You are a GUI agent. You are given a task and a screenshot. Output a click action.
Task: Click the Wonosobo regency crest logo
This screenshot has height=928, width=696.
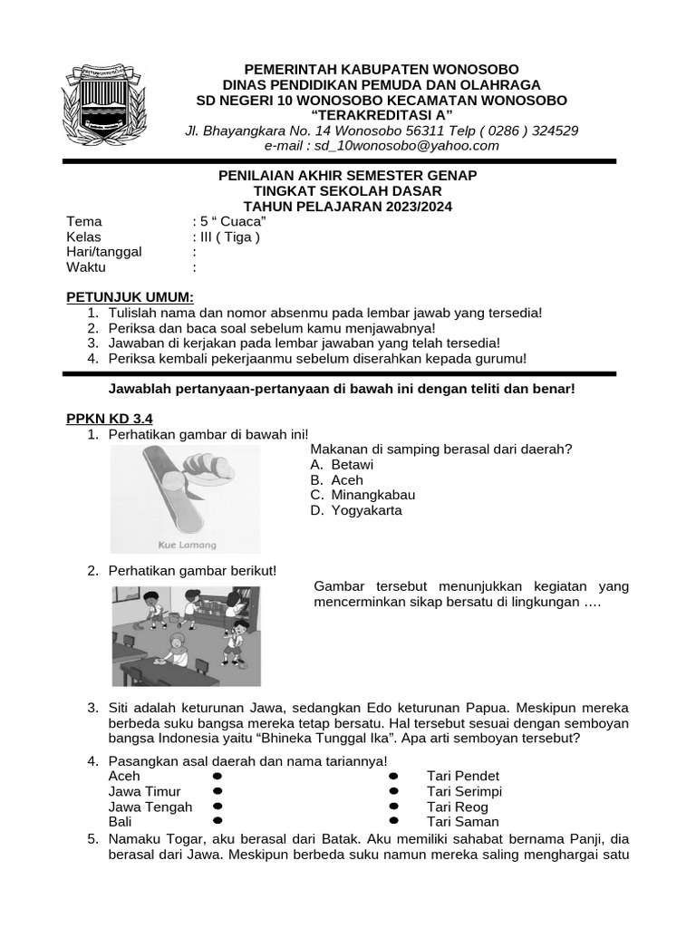[102, 106]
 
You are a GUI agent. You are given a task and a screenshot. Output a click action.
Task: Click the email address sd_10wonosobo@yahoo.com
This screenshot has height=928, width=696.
[382, 145]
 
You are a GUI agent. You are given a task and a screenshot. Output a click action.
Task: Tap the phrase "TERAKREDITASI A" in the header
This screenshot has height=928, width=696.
[382, 115]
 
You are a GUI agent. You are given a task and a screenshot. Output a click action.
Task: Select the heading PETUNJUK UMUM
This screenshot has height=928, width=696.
[130, 297]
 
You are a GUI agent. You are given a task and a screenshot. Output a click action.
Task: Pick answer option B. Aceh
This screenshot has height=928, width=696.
[336, 480]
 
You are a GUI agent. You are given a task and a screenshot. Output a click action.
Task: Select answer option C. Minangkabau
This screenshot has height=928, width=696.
[362, 495]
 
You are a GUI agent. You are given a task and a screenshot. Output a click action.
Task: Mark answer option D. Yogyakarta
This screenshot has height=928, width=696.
[355, 510]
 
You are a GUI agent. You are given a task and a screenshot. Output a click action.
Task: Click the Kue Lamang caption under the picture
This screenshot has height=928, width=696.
[188, 545]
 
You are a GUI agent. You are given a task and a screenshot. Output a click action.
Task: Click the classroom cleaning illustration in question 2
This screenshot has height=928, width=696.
[186, 635]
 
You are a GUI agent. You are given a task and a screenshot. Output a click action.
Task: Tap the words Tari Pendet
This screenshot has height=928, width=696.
[463, 776]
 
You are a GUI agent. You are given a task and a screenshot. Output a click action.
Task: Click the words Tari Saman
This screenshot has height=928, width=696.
[463, 822]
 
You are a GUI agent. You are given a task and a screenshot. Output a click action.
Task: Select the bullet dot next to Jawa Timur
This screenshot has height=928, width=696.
[217, 791]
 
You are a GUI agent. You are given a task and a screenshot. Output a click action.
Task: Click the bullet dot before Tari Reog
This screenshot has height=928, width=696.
[393, 807]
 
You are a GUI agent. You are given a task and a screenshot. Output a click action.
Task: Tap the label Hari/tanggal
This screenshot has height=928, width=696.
[104, 252]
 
